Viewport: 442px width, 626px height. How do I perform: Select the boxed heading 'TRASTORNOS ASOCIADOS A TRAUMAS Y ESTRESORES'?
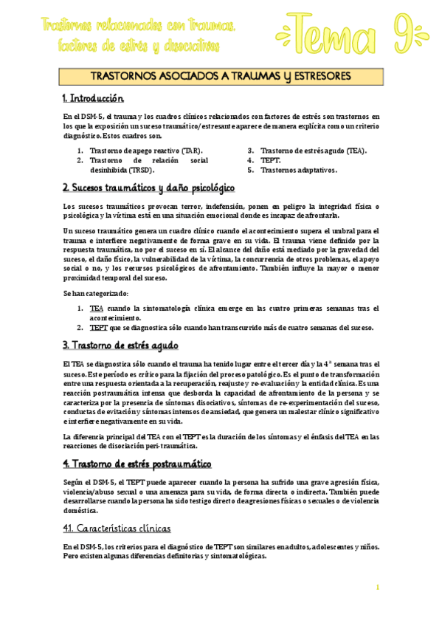click(221, 76)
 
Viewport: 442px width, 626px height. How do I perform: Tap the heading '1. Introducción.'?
click(94, 98)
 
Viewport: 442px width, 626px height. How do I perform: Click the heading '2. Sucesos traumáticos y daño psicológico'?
click(148, 187)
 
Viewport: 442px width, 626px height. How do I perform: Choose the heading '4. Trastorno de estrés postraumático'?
click(137, 464)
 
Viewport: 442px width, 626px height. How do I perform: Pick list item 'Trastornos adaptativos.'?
click(298, 169)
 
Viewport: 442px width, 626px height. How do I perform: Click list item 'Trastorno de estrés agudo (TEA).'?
click(313, 150)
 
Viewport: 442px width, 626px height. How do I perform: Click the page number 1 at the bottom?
click(377, 587)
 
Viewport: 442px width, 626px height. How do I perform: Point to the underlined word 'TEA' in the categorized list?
click(96, 308)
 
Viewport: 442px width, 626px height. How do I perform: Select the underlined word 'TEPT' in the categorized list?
click(98, 327)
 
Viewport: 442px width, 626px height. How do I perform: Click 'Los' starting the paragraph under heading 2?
click(69, 206)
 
